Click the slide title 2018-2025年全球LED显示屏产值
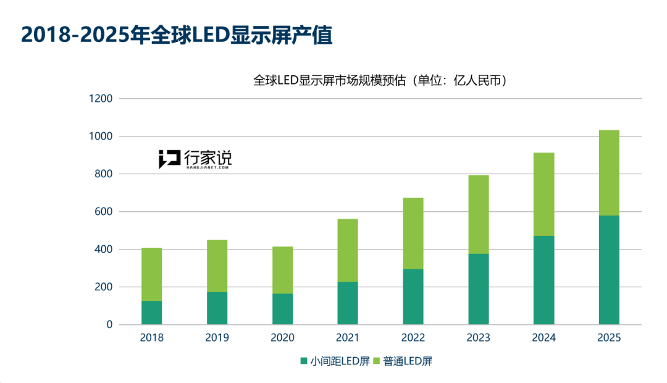177,36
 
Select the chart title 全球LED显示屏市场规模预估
380,80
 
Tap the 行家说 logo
195,159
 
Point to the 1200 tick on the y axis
99,99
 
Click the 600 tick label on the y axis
103,212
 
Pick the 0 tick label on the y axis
109,325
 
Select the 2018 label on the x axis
152,338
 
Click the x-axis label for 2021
348,338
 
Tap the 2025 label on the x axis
609,338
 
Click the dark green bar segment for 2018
152,313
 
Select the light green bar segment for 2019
217,266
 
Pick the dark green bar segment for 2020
282,309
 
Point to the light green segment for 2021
348,250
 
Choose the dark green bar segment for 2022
413,297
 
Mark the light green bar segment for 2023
479,214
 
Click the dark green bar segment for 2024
543,280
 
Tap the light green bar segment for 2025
609,173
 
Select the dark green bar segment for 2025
609,270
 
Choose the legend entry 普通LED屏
402,361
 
